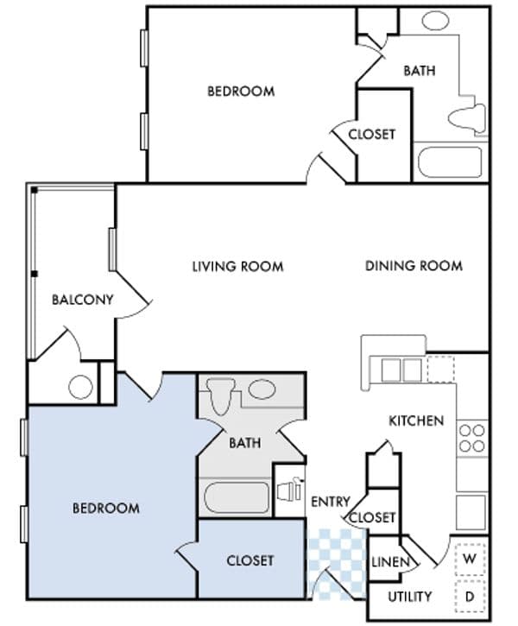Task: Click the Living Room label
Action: pos(237,266)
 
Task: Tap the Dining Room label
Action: pos(414,266)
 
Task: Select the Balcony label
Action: pos(82,300)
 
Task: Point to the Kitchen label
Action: pos(416,421)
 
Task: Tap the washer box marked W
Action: pos(471,559)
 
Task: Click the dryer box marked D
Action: pos(471,596)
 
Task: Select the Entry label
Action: pos(331,502)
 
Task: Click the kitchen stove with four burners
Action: pos(472,438)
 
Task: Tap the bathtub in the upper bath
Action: pos(448,162)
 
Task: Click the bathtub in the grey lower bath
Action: pos(237,498)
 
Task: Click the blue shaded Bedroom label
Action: pos(106,508)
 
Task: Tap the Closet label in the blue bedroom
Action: pos(250,560)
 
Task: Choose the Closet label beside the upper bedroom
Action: pos(372,134)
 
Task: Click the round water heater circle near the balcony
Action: pos(81,388)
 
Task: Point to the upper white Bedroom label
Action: pos(241,91)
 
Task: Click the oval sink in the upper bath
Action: pos(433,20)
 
